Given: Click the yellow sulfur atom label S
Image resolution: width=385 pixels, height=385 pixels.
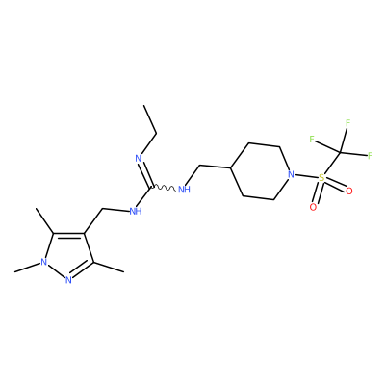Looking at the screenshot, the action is [x=321, y=178].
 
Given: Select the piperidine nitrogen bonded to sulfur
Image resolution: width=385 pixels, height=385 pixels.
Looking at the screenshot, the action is [x=291, y=174].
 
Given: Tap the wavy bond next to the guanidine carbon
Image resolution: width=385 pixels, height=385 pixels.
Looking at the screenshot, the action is [x=163, y=187].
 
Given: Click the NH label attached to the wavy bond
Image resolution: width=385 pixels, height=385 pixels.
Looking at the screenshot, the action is [x=184, y=190].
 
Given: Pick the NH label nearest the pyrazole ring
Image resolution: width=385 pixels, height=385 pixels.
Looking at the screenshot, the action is [x=136, y=211].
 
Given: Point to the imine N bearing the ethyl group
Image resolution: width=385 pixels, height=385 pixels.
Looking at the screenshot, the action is [x=139, y=158].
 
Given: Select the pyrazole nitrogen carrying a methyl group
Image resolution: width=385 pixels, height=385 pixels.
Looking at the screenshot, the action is [x=44, y=262].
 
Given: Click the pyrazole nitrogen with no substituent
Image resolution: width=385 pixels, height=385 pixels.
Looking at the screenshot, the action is [x=68, y=280].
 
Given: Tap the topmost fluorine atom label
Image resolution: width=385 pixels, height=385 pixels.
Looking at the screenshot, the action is [x=347, y=122].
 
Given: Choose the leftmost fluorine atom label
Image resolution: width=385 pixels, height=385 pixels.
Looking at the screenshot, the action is [x=311, y=139].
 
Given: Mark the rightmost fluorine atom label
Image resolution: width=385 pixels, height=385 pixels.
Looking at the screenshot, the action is [x=370, y=156].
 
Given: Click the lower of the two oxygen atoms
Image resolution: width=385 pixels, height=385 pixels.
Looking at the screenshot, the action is [x=313, y=207].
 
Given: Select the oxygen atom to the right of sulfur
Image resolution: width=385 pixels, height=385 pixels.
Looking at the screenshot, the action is [x=349, y=192].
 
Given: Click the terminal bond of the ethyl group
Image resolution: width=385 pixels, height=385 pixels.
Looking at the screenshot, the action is [x=150, y=119].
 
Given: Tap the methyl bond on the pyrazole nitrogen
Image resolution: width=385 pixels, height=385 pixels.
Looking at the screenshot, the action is [x=28, y=267].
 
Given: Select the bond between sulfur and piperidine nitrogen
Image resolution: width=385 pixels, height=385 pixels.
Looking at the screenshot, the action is [x=306, y=176].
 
